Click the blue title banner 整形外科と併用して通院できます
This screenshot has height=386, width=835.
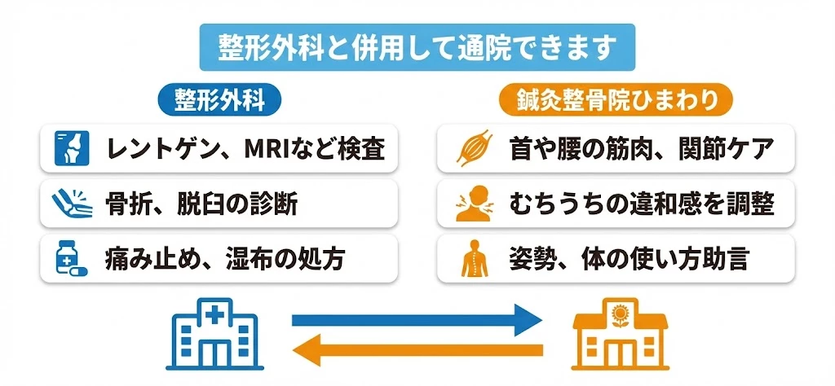click(x=417, y=47)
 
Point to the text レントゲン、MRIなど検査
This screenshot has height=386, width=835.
click(x=245, y=149)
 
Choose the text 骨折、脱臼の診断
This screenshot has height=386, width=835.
click(x=201, y=204)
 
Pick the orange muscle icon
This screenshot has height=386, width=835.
click(x=473, y=149)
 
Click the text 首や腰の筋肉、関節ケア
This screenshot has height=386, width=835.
click(x=639, y=149)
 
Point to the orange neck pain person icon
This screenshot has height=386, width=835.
click(x=473, y=204)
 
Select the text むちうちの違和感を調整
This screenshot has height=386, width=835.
click(x=639, y=204)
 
